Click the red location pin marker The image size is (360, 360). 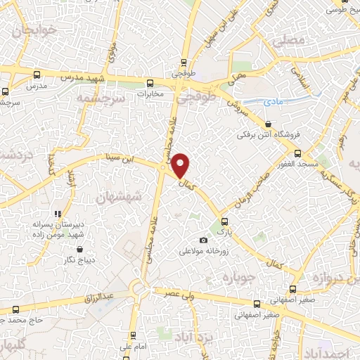coord(181,165)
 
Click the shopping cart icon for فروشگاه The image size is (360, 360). coord(268,124)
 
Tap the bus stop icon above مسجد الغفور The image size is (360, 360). coord(297,153)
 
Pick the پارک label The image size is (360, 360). coord(223,230)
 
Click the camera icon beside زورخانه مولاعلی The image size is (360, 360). coord(204,240)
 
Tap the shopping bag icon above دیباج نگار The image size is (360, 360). coord(79,249)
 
